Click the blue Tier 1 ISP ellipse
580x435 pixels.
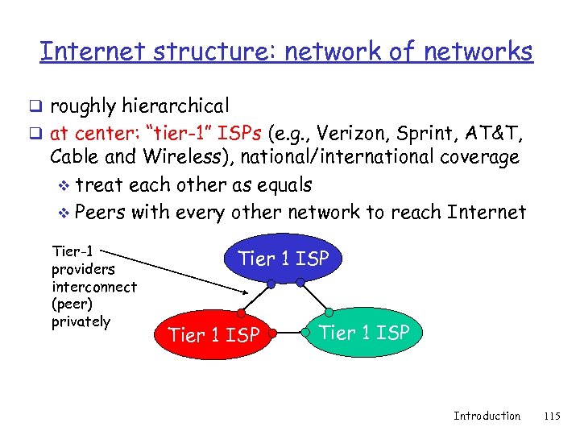point(284,259)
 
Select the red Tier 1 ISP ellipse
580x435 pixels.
point(213,334)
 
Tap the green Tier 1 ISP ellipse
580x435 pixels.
point(364,331)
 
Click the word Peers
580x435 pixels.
point(100,213)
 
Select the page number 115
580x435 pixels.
point(551,416)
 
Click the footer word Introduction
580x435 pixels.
point(487,416)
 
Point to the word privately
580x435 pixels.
point(81,321)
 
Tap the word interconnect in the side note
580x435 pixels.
point(93,286)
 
